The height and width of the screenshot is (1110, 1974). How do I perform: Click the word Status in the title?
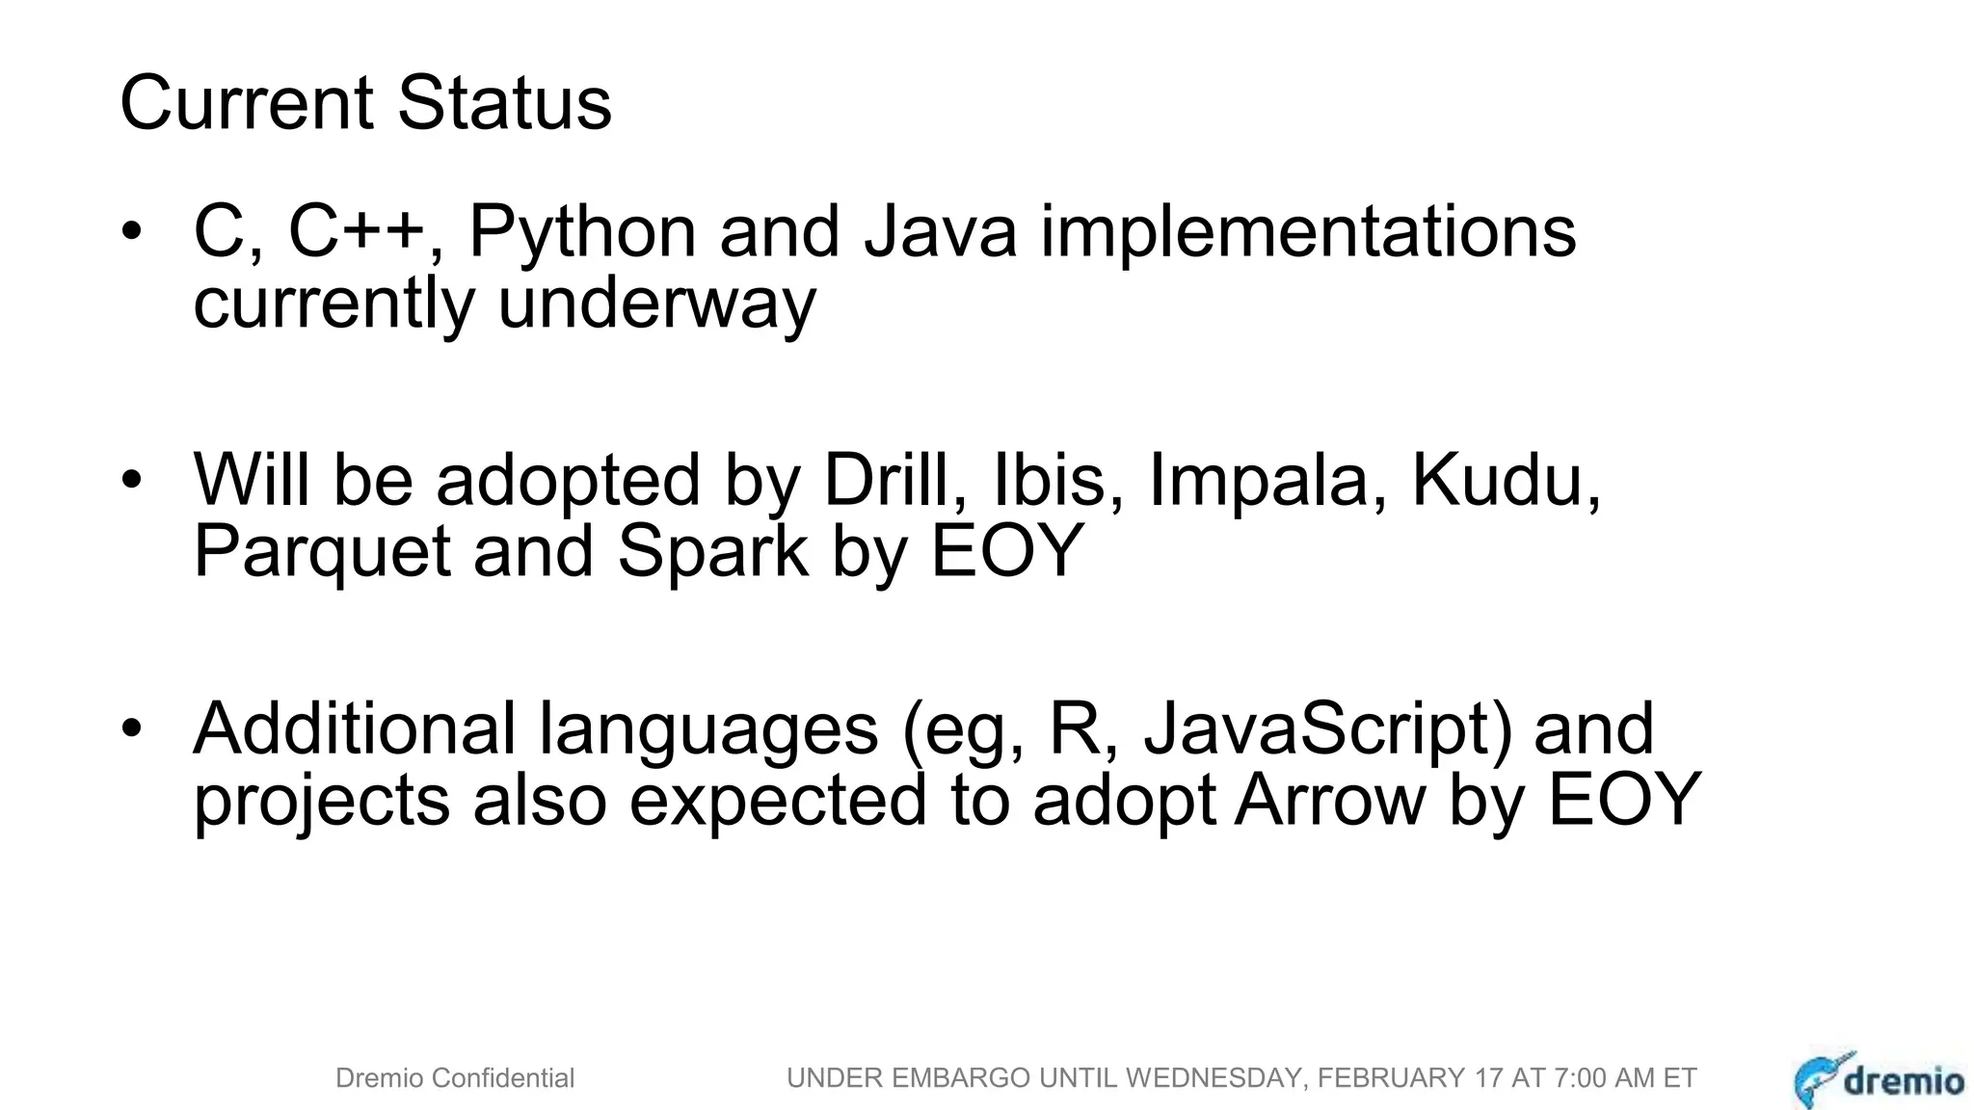tap(504, 103)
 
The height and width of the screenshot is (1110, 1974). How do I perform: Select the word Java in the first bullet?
tap(940, 232)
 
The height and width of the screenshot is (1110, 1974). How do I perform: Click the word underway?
tap(656, 304)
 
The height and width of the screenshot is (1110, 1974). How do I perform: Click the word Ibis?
tap(1049, 480)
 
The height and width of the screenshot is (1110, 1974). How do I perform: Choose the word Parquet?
tap(322, 551)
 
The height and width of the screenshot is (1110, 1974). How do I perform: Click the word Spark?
tap(712, 551)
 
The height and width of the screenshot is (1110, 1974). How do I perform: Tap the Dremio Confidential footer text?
tap(455, 1078)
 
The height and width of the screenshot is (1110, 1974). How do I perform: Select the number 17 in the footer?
tap(1489, 1078)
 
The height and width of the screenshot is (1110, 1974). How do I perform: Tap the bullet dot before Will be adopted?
tap(132, 479)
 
